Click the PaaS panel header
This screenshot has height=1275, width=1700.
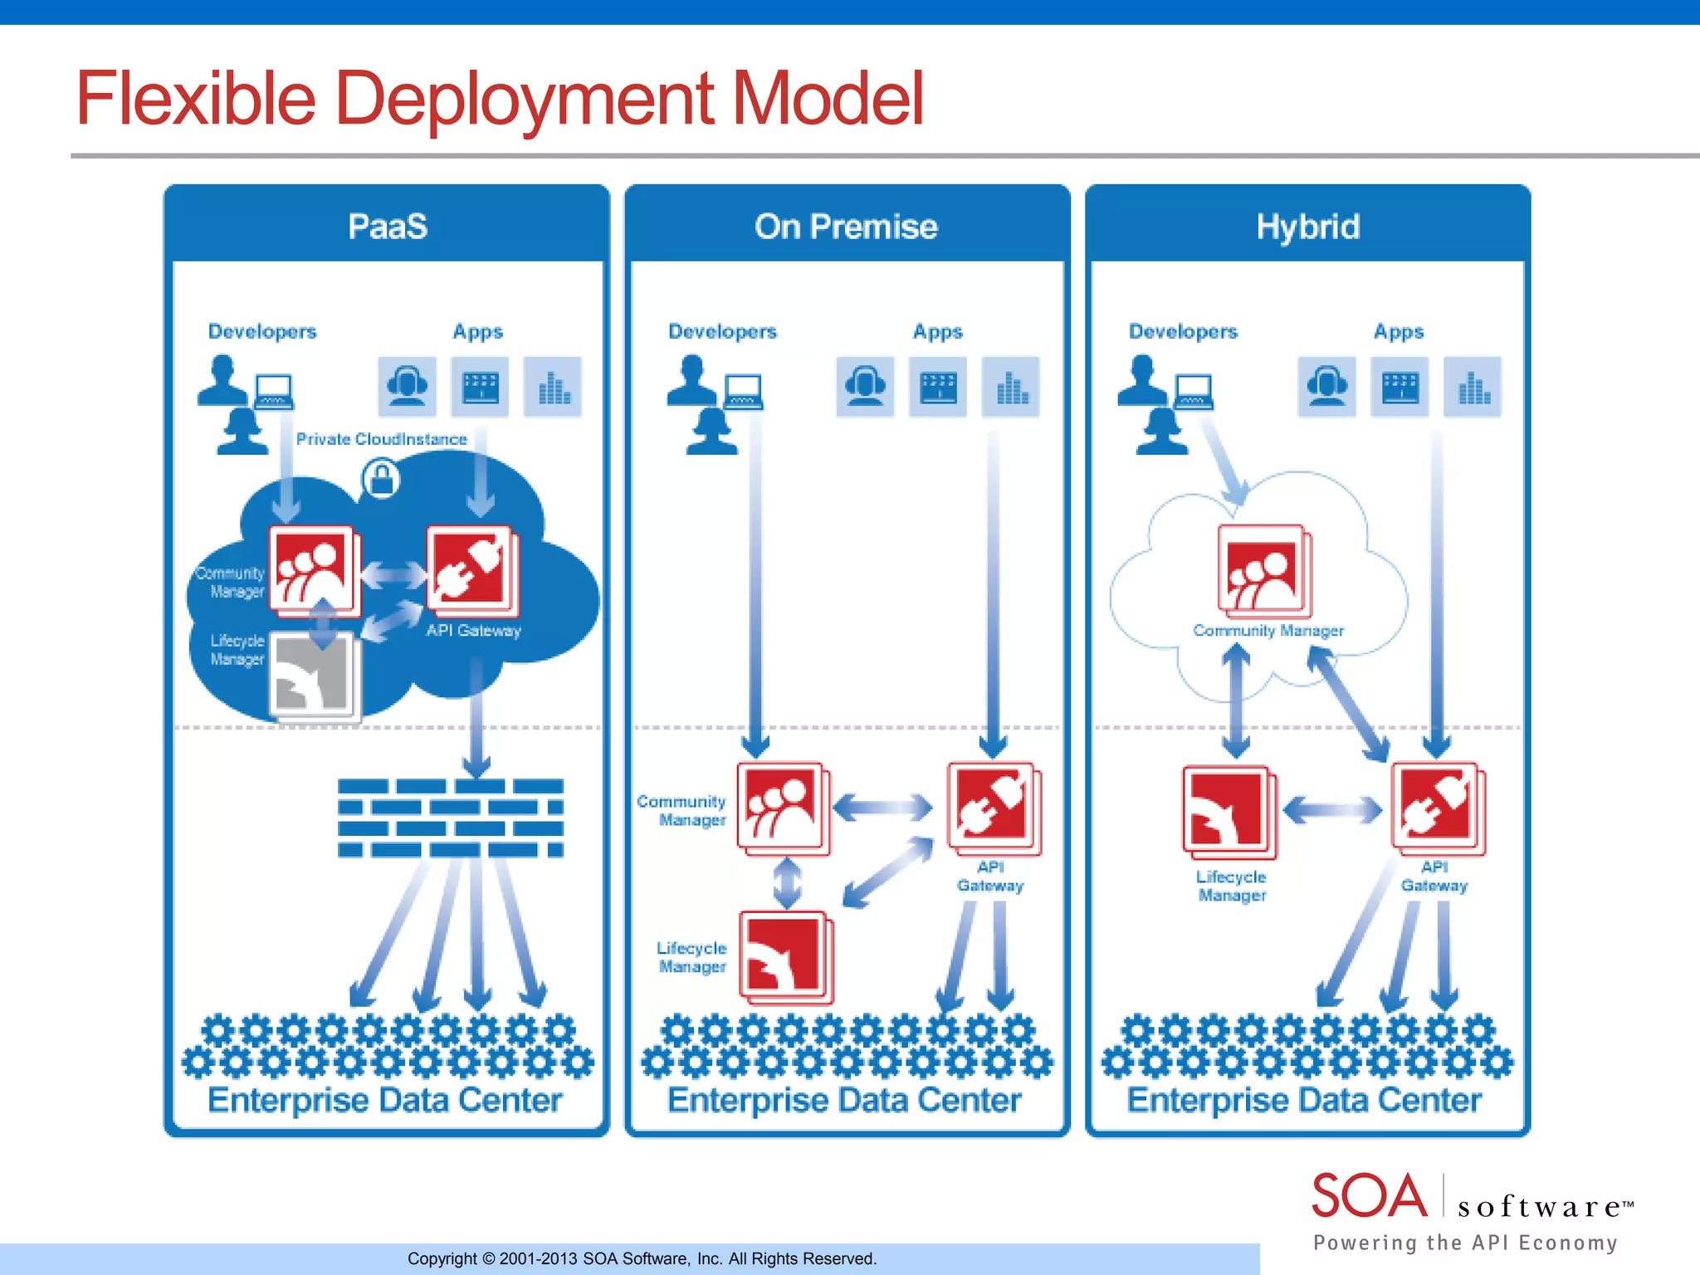coord(387,226)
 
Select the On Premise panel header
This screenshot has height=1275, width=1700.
coord(846,226)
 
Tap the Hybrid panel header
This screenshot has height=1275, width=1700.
coord(1307,226)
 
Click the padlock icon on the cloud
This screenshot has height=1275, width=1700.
coord(381,479)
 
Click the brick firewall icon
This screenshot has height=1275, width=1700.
coord(450,818)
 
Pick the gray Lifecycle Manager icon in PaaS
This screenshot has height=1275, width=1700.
coord(313,675)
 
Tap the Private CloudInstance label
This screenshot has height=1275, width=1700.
coord(381,439)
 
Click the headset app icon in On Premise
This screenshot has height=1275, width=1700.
coord(865,386)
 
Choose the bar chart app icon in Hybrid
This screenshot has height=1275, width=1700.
coord(1473,386)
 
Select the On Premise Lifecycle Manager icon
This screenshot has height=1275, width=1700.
coord(784,956)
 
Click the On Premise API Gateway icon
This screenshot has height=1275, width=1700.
coord(992,807)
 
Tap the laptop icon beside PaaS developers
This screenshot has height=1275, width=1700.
coord(274,391)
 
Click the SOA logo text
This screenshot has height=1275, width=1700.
coord(1369,1196)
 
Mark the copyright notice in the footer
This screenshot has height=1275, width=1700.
coord(642,1258)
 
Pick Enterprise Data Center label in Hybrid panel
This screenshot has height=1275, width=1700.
coord(1304,1100)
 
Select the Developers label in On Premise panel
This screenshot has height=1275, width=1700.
coord(722,331)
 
